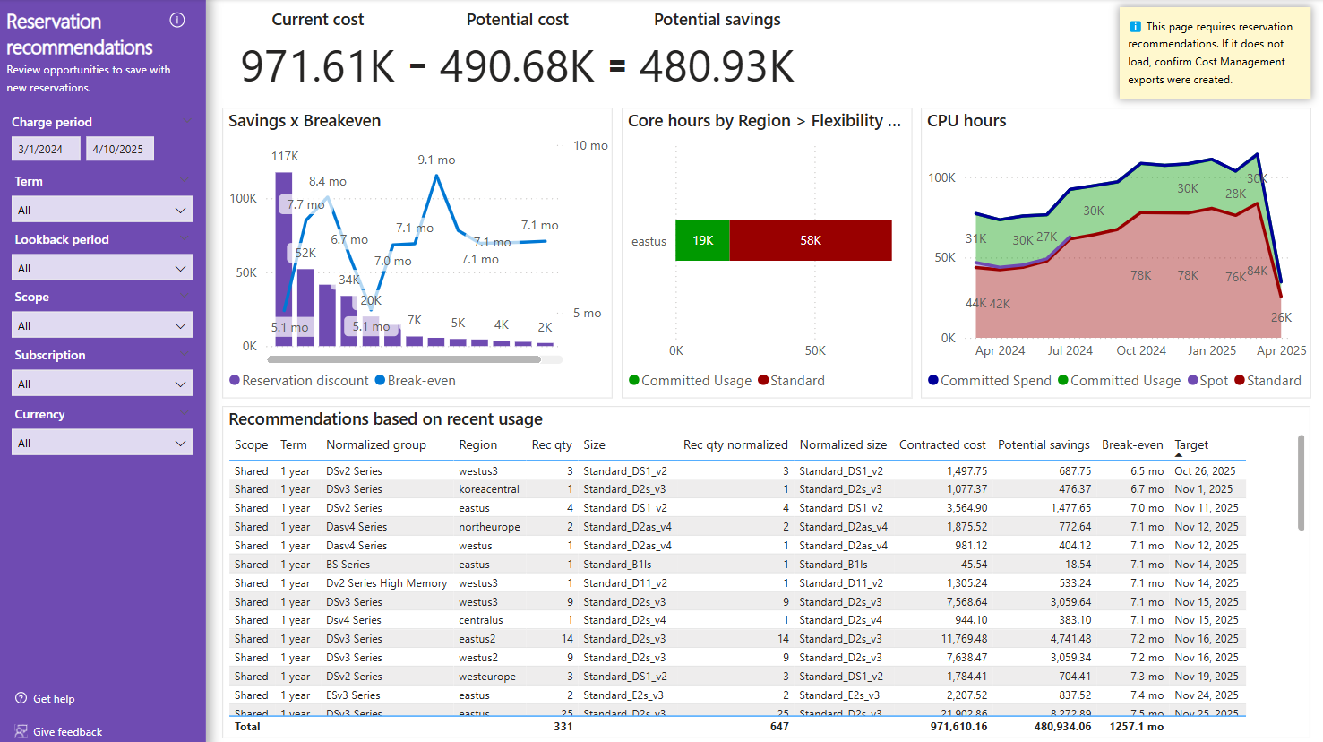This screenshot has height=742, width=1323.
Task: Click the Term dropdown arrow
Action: [x=180, y=210]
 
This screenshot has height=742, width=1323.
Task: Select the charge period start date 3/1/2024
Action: [x=46, y=149]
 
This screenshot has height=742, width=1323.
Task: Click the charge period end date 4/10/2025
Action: [x=119, y=149]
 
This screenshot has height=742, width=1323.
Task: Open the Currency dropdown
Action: [x=102, y=443]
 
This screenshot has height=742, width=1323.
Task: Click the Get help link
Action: [x=54, y=699]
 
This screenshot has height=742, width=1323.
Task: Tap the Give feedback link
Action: [x=67, y=732]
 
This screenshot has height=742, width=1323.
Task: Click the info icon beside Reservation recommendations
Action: [x=177, y=21]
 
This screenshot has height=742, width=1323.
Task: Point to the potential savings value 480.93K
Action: [x=717, y=66]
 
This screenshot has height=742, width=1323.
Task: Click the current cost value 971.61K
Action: [x=318, y=66]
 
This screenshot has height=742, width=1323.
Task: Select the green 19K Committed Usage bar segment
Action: [x=702, y=240]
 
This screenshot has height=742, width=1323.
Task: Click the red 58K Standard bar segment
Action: [x=811, y=240]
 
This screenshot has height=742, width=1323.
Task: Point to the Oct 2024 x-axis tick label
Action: [x=1141, y=350]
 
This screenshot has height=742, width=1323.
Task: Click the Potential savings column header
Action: [x=1044, y=444]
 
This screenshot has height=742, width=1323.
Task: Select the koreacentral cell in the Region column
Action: [x=489, y=489]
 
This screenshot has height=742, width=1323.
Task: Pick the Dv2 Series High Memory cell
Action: [x=386, y=583]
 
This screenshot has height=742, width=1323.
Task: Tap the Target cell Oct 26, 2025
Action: [x=1205, y=471]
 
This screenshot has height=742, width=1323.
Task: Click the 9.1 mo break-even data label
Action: [x=436, y=160]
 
